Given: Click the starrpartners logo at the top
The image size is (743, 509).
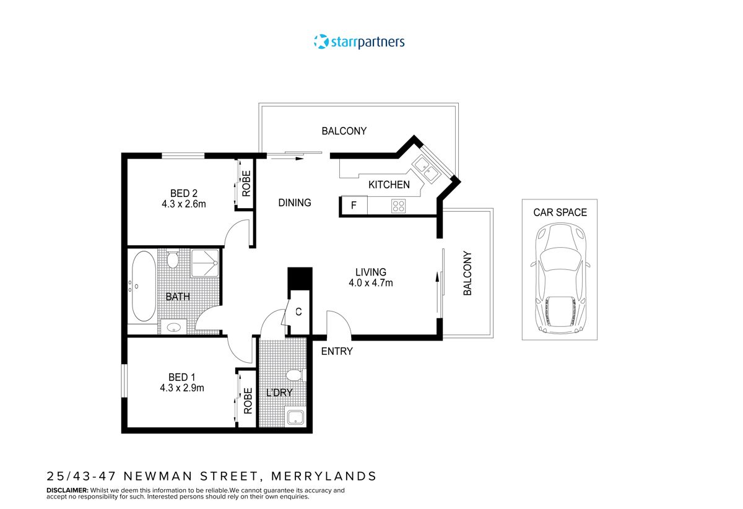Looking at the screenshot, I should (x=359, y=42).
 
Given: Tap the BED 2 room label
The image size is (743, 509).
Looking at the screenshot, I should (x=186, y=192).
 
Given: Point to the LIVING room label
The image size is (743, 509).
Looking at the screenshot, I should (x=371, y=272).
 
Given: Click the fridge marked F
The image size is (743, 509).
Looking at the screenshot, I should (x=354, y=206).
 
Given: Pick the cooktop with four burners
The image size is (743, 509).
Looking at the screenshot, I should (x=398, y=206).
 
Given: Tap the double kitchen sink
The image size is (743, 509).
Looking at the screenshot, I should (x=427, y=168).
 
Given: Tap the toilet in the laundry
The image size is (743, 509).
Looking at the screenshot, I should (x=293, y=375).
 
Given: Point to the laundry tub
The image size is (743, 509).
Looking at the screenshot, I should (x=295, y=417).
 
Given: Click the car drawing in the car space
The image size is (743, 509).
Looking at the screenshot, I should (x=559, y=277).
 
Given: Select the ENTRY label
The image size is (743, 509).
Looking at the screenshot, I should (x=337, y=351).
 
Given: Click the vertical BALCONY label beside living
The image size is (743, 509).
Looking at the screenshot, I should (x=467, y=273).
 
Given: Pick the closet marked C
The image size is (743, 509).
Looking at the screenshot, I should (x=298, y=312).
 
